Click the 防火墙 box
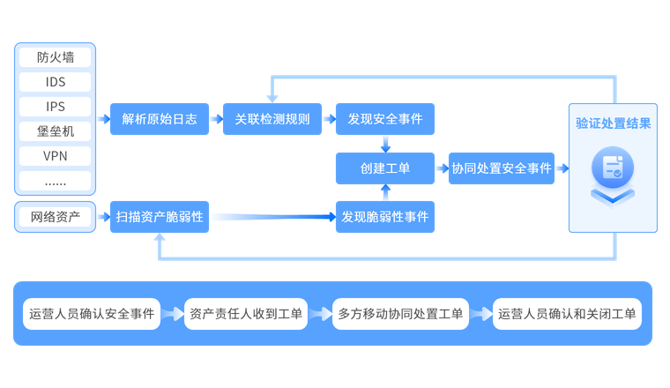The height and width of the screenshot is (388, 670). [56, 57]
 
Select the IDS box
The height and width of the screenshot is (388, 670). [56, 82]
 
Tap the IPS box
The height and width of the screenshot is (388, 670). [56, 107]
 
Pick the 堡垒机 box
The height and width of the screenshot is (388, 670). [56, 131]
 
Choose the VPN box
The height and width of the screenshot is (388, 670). [56, 156]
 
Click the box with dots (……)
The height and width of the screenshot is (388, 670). [56, 181]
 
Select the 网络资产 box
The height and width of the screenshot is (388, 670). [56, 216]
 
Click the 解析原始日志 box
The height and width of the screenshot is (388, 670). [160, 119]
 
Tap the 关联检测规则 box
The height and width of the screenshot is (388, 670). [272, 119]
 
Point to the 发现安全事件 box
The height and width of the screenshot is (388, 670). [385, 119]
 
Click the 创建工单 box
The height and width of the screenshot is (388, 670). [385, 168]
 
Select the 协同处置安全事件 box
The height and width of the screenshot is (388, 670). [502, 168]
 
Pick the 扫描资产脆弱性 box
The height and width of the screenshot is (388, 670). [160, 216]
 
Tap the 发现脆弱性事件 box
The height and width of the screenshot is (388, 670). [385, 216]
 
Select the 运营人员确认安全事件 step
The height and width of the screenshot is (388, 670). [92, 313]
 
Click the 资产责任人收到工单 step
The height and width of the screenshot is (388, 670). [245, 313]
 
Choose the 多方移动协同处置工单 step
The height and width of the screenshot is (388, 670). [400, 313]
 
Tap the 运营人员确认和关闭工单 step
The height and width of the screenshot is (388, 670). [567, 313]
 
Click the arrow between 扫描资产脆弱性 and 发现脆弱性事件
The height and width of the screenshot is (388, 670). [272, 216]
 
